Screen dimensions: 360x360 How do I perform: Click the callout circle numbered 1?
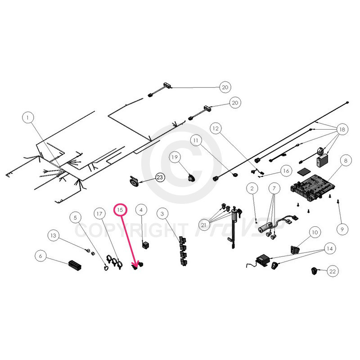coord(28,118)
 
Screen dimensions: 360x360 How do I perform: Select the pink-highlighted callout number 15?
coord(120,210)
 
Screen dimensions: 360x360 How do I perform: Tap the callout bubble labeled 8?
coord(345,160)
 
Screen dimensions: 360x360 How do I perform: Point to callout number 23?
coord(160,178)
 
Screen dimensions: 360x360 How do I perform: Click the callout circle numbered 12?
coord(216,129)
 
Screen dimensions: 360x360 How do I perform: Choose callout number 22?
coord(333,271)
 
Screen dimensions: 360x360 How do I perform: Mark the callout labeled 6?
coord(40,256)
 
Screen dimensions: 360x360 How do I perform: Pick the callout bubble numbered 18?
coord(342,130)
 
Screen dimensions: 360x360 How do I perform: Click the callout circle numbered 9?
coord(342,229)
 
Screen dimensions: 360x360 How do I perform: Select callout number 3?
coord(163,212)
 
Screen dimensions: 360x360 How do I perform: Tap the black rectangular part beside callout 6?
coord(75,265)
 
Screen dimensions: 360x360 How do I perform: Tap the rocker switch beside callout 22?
coord(314,270)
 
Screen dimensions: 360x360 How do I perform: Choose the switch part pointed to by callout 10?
coord(296,249)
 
